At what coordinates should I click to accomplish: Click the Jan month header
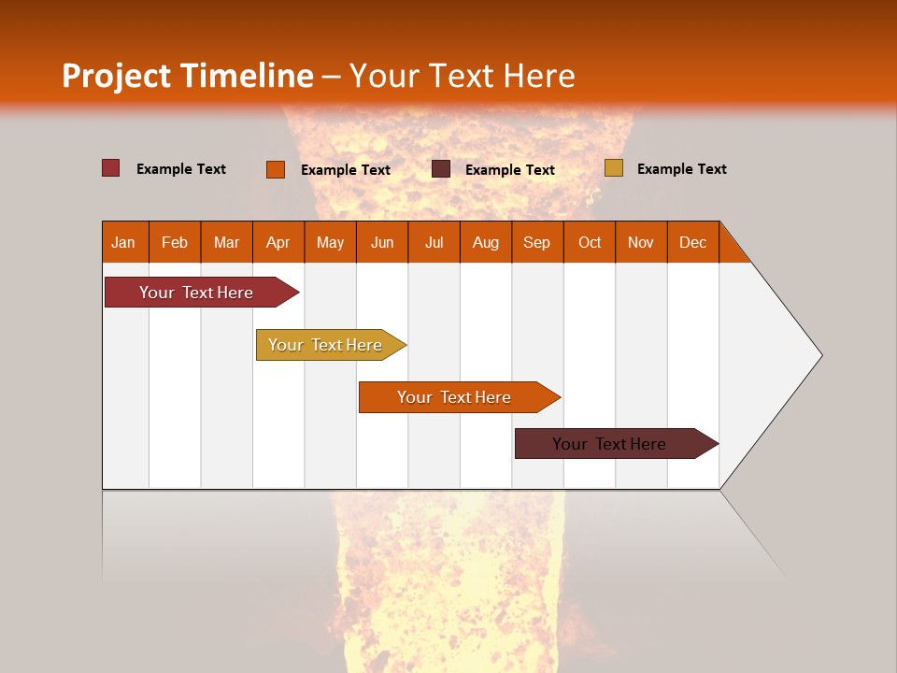pos(123,242)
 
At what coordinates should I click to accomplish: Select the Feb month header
pos(175,242)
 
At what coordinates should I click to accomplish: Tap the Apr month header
pos(278,242)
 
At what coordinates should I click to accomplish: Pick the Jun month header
pos(382,242)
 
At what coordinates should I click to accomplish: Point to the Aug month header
pos(485,242)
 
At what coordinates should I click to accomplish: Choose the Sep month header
pos(536,242)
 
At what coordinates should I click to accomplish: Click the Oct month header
pos(590,242)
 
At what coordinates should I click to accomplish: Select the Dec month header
pos(692,242)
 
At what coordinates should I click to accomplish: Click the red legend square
pos(111,168)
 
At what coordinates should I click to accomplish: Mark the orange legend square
pos(276,169)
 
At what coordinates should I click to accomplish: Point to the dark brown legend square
pos(441,169)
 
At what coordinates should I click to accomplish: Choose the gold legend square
pos(613,168)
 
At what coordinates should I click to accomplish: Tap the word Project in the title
pos(116,76)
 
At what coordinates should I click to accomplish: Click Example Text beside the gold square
pos(681,169)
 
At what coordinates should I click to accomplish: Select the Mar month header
pos(226,242)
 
